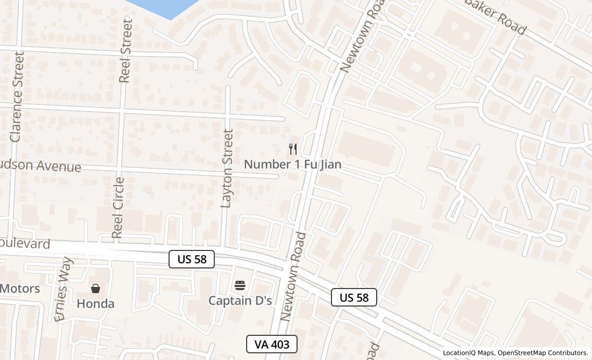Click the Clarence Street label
16,97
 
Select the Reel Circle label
118,208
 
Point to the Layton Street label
227,168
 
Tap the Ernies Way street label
64,289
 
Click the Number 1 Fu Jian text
292,165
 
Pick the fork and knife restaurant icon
293,149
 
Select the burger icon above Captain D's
240,285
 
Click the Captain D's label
240,300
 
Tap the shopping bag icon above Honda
96,289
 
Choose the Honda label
96,304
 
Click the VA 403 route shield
272,344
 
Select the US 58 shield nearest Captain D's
192,259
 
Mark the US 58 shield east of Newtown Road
354,297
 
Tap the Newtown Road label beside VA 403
294,276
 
